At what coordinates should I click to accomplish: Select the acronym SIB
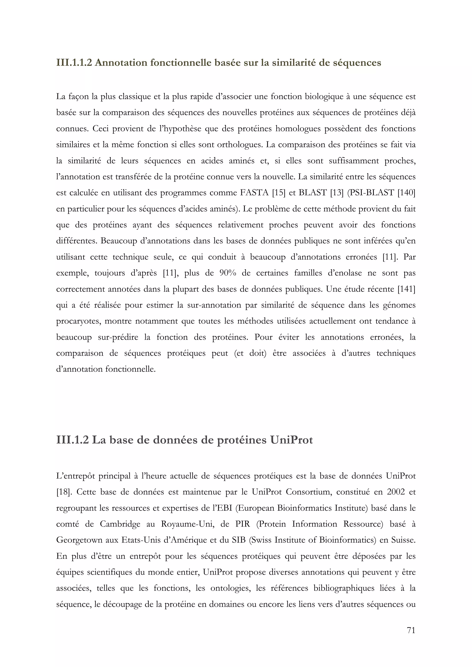pyautogui.click(x=239, y=540)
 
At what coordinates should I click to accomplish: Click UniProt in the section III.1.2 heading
pyautogui.click(x=291, y=440)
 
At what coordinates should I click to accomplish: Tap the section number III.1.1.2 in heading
pyautogui.click(x=74, y=63)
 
